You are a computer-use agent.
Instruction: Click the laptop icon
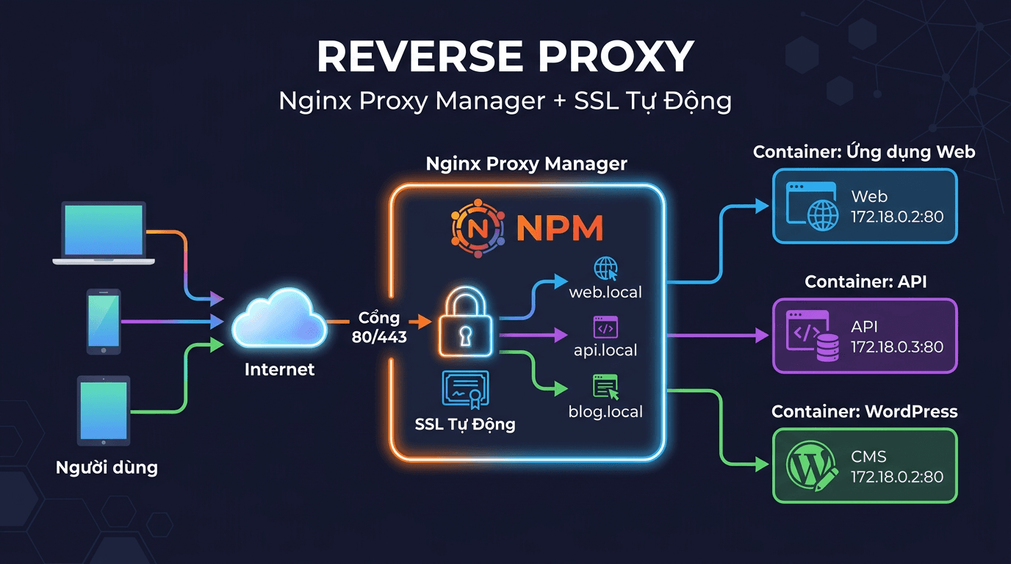tap(103, 233)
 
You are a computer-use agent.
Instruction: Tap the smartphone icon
tap(104, 322)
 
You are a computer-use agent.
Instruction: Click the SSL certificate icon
tap(465, 389)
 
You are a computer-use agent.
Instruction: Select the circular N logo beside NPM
tap(478, 227)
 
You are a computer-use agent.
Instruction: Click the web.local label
tap(605, 292)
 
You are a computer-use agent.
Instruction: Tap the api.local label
tap(605, 350)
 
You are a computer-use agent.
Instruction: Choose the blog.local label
tap(605, 411)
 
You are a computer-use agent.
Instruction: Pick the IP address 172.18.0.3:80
tap(897, 347)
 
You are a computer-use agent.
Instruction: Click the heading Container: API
tap(866, 282)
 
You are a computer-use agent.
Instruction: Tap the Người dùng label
tap(107, 467)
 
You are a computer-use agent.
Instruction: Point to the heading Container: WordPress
tap(864, 411)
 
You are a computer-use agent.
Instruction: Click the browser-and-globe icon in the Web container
tap(811, 206)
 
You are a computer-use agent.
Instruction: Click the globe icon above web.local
tap(606, 268)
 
